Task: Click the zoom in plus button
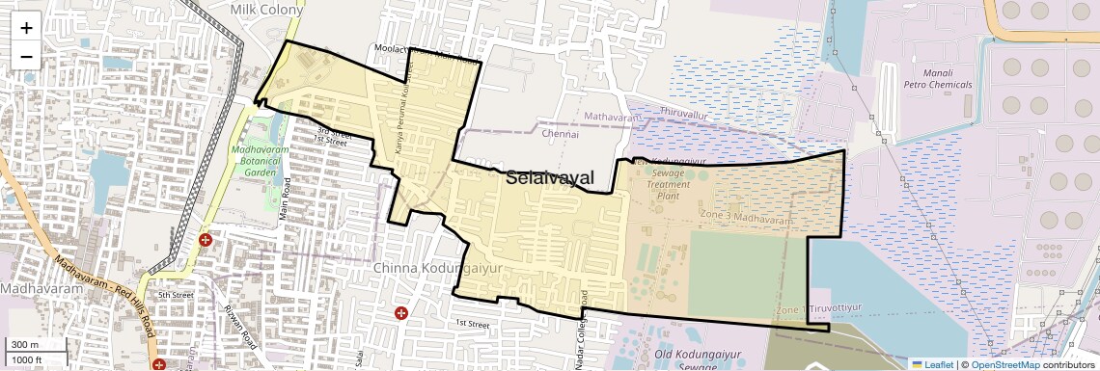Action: [26, 27]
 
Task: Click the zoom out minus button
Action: [26, 55]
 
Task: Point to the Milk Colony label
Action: [266, 9]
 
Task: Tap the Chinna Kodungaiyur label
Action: [437, 269]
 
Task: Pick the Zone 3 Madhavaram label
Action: [747, 219]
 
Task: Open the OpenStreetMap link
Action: [1004, 364]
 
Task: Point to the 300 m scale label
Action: [25, 345]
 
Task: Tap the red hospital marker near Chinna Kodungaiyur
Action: [401, 312]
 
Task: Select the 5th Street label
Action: [177, 295]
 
